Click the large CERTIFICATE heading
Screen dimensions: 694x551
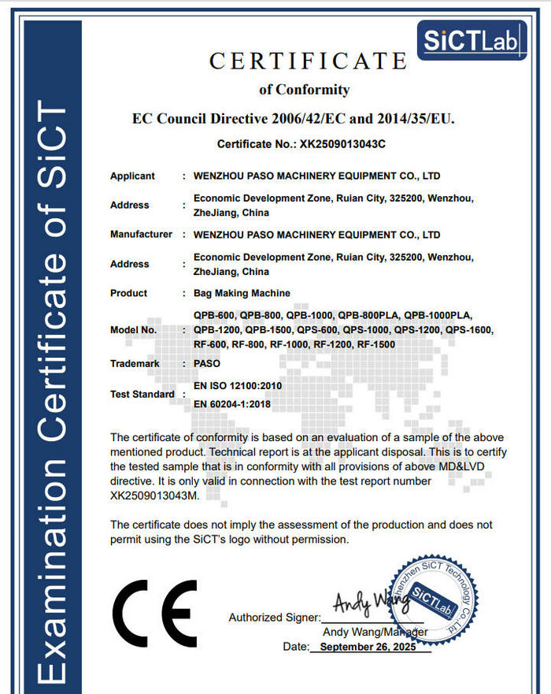point(308,61)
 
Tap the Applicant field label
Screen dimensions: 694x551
point(132,176)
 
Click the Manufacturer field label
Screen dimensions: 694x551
point(141,234)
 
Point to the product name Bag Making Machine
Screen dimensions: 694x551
point(242,293)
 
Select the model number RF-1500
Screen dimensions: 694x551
point(375,344)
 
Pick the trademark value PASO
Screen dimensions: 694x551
point(207,364)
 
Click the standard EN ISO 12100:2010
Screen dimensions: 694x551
point(237,386)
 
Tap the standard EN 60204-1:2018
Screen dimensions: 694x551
point(231,403)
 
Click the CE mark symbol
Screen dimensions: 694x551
point(155,614)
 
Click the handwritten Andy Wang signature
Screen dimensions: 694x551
point(370,604)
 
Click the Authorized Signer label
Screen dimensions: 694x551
point(274,618)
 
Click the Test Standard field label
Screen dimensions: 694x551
point(142,394)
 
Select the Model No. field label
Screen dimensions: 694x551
point(134,329)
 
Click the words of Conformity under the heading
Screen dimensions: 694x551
point(304,89)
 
